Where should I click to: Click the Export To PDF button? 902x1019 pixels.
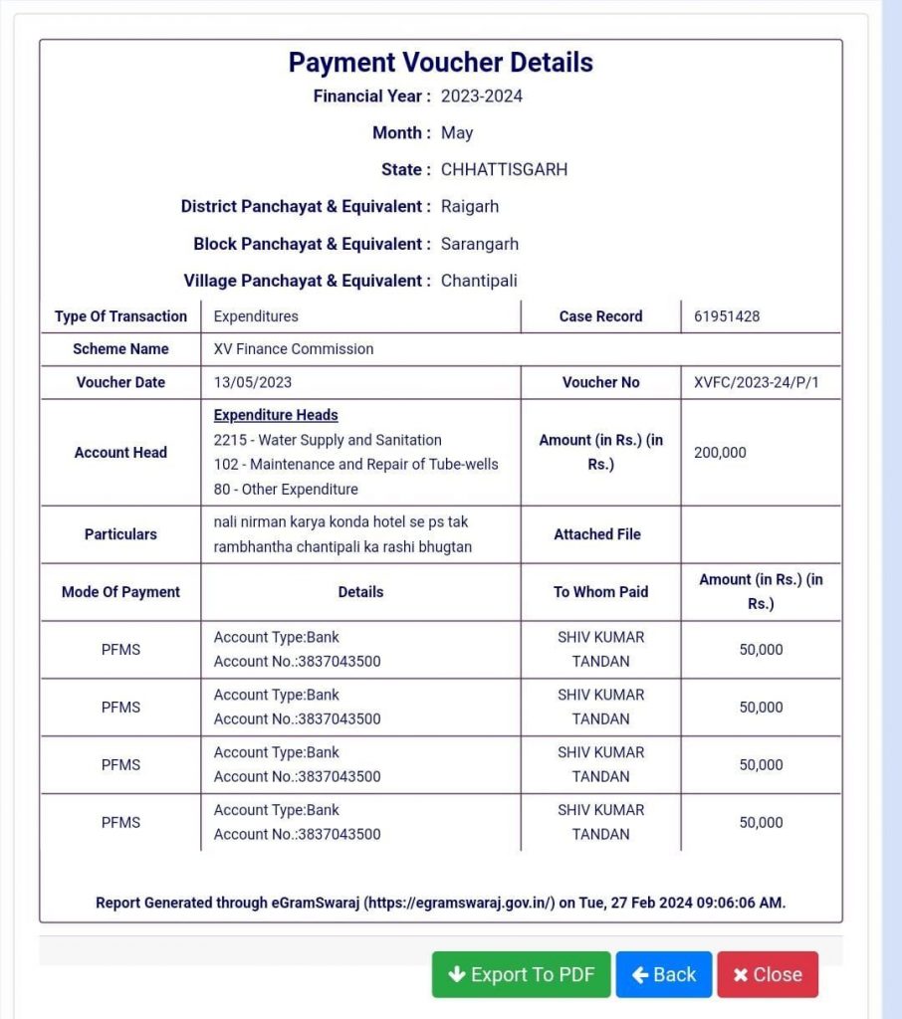point(522,974)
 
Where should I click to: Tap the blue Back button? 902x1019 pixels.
point(664,974)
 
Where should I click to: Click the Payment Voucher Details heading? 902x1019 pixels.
point(440,63)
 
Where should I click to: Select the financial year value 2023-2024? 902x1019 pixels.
point(482,97)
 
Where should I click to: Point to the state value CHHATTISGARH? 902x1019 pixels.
point(504,170)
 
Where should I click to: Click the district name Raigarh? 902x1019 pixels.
point(470,207)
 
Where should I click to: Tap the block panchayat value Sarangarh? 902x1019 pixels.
point(480,244)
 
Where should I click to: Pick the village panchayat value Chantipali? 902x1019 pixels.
point(479,281)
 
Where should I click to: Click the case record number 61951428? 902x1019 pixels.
point(727,316)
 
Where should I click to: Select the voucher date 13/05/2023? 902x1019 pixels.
point(253,382)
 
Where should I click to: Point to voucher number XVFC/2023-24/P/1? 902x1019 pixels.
point(757,382)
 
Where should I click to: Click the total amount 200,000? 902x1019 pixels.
point(720,453)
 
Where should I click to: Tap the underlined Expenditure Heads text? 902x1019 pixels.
point(276,415)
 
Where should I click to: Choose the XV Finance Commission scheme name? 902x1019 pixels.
point(294,349)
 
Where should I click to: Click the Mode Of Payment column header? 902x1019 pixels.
point(120,592)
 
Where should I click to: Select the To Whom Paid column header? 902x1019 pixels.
point(600,592)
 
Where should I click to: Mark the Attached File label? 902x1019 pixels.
point(597,534)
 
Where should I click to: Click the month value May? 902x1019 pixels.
point(457,133)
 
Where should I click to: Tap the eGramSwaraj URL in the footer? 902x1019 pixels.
point(459,904)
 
